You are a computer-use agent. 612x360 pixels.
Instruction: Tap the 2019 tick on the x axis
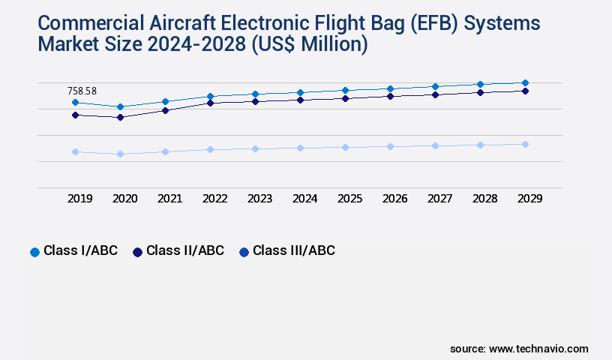pos(80,199)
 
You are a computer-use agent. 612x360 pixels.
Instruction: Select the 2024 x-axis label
pos(305,199)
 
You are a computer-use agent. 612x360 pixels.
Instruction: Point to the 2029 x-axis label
pos(529,199)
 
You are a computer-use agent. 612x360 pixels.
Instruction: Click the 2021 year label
pos(169,199)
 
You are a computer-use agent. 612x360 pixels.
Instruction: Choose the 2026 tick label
pos(394,199)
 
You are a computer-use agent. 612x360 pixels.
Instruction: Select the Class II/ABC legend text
pos(184,251)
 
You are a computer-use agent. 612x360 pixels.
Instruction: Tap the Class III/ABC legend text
pos(293,251)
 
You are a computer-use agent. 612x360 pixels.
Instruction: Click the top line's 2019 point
pos(75,102)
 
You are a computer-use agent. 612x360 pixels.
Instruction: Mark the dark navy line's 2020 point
pos(120,117)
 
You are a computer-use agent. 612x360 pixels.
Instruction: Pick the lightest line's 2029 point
pos(525,144)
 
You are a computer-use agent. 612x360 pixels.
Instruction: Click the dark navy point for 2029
pos(525,91)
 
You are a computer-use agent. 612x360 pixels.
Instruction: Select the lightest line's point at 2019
pos(75,151)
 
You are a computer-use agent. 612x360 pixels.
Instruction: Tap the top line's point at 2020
pos(120,106)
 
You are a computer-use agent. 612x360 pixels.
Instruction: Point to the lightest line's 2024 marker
pos(300,148)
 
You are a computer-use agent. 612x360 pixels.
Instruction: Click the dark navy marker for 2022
pos(210,103)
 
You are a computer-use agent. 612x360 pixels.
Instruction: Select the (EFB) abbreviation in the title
pos(434,23)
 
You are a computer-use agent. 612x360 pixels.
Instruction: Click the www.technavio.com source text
pos(538,349)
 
